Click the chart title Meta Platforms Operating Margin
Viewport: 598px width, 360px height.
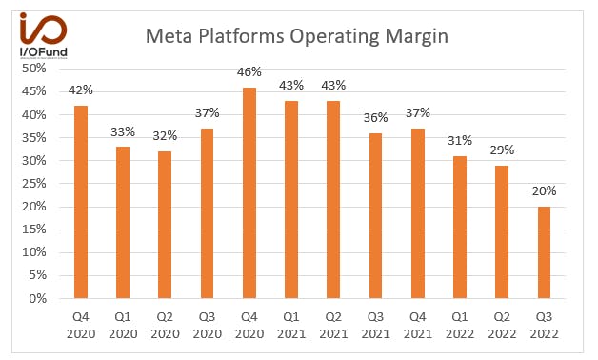click(296, 37)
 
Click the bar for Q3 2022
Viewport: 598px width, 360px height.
click(545, 252)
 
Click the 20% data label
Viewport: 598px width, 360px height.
click(545, 191)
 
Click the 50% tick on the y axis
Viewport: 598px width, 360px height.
click(34, 69)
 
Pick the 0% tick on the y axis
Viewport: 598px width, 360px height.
click(38, 298)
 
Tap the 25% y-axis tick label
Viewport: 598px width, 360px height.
click(34, 184)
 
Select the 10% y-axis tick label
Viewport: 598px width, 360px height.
click(34, 252)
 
